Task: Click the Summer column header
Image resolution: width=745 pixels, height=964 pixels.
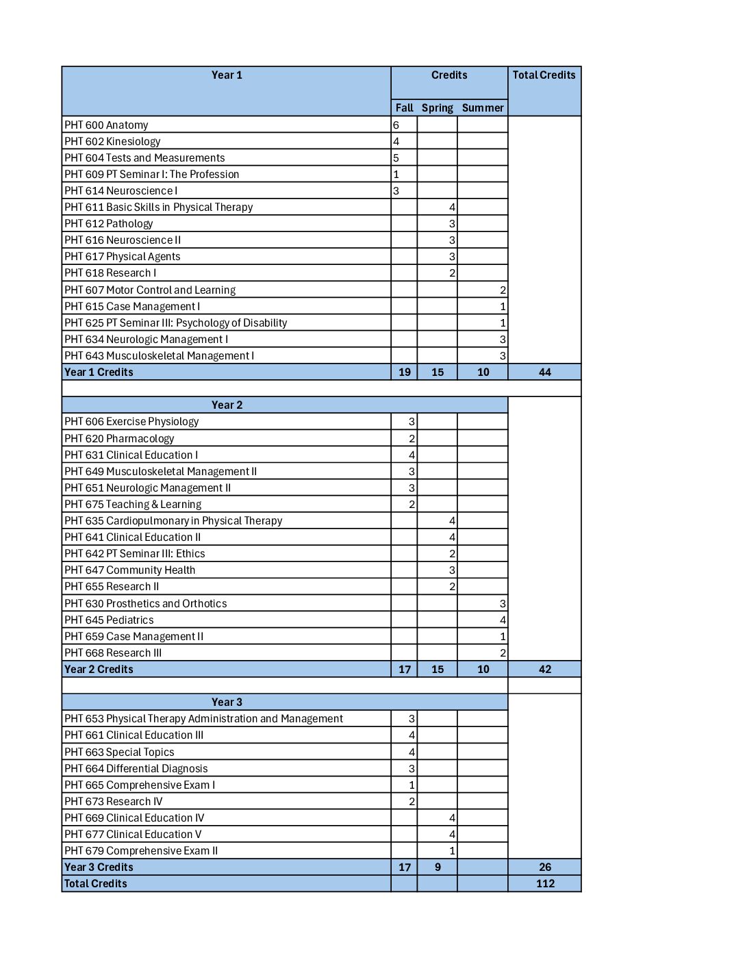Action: click(483, 108)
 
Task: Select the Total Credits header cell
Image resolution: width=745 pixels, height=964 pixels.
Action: click(544, 75)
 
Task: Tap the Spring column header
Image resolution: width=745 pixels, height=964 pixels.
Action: click(438, 108)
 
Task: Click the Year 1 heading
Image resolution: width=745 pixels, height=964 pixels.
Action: click(227, 75)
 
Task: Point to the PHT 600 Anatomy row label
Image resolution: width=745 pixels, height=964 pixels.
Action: click(106, 125)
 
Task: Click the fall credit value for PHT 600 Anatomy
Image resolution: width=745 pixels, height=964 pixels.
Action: click(396, 125)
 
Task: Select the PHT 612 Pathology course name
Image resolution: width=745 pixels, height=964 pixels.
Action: click(109, 224)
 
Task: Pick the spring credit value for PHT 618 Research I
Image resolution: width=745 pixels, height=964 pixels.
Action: click(452, 273)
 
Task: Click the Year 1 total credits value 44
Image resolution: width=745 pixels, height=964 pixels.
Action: click(545, 372)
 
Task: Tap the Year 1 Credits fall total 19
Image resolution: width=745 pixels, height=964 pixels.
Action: click(405, 372)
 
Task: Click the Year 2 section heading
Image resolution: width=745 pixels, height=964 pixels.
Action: click(227, 405)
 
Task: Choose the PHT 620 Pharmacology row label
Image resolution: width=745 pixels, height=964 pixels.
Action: click(119, 439)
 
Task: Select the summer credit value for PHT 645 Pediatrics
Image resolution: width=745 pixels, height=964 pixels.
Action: click(503, 620)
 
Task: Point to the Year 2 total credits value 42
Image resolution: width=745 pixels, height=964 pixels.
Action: click(545, 670)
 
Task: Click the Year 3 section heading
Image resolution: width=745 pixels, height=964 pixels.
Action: click(227, 702)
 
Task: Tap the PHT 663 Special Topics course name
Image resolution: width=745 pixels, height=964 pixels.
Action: click(119, 752)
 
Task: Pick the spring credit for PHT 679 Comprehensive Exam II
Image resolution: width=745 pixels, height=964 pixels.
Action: click(452, 851)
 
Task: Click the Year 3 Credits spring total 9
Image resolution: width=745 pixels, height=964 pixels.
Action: click(438, 867)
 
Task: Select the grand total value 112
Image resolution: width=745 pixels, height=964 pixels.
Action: click(545, 884)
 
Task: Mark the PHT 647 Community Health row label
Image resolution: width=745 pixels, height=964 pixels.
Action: click(130, 570)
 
